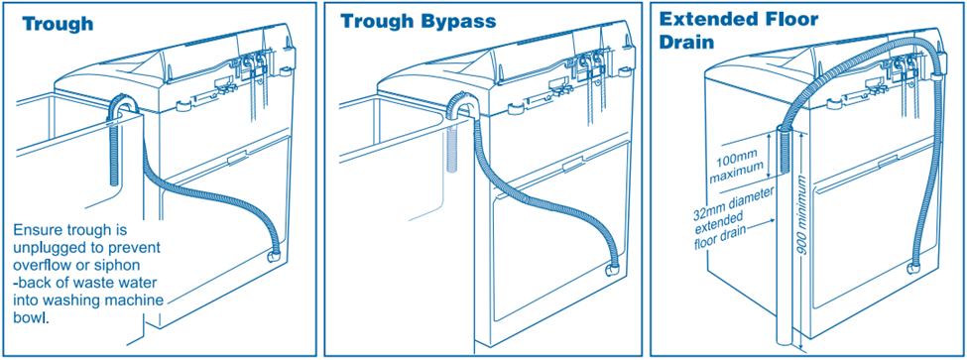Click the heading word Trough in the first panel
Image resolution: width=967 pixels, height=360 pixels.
pos(58,24)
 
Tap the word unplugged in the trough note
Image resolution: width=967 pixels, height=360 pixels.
pos(44,248)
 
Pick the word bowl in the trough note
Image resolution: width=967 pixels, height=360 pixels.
pos(31,318)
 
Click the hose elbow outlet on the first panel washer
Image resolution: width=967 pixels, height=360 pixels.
pos(273,255)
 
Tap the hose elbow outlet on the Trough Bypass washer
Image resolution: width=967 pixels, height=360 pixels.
pos(612,270)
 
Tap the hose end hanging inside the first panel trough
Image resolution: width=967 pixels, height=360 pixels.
pos(114,154)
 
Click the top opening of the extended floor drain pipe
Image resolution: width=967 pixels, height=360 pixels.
pos(784,128)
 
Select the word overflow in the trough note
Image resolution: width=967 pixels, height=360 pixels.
pos(40,265)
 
